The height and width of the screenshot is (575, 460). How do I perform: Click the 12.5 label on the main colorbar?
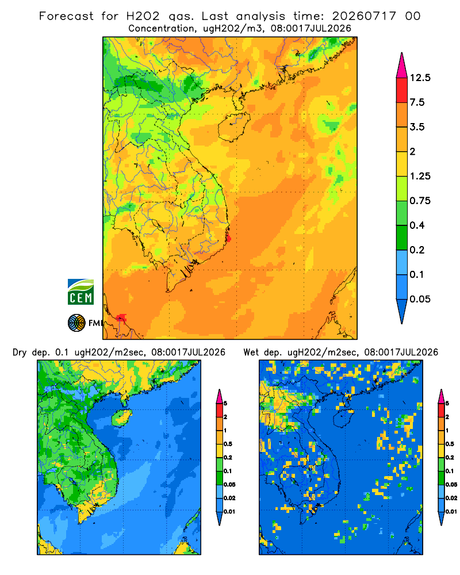[420, 78]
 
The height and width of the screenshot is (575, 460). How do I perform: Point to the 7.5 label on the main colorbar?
[417, 102]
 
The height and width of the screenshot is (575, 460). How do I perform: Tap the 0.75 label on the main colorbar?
[420, 201]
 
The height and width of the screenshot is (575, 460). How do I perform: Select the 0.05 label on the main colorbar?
[420, 299]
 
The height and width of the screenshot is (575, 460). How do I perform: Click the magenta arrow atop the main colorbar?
[402, 66]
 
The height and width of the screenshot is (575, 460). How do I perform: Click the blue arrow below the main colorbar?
[402, 311]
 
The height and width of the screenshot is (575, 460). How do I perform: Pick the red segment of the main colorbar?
[402, 90]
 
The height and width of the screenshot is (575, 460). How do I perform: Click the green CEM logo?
[80, 292]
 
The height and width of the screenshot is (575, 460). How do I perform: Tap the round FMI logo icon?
[76, 323]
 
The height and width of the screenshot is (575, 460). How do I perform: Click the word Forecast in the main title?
[66, 16]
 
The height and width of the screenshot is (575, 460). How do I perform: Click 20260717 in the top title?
[364, 16]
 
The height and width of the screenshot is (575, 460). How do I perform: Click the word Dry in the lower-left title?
[20, 352]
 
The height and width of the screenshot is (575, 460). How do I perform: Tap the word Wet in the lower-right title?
[251, 352]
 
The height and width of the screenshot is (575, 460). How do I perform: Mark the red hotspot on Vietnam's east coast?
[228, 237]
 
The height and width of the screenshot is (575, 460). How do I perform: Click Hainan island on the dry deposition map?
[121, 418]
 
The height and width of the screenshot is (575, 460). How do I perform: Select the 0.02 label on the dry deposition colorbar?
[229, 498]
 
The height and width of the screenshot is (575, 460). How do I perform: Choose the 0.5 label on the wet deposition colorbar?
[449, 444]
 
